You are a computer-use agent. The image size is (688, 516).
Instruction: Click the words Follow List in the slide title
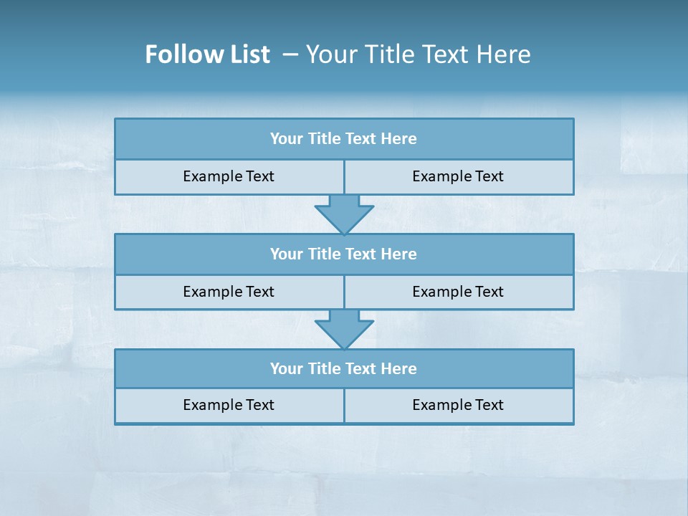click(x=207, y=54)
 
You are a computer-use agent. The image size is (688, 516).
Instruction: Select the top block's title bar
click(x=344, y=139)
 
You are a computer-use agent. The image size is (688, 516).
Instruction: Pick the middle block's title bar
click(x=344, y=254)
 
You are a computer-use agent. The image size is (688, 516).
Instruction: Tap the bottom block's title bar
click(x=344, y=369)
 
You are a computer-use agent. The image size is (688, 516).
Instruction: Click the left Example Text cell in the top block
click(x=229, y=177)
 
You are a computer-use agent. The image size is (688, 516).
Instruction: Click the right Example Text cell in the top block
click(x=458, y=177)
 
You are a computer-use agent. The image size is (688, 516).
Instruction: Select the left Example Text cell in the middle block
click(x=229, y=292)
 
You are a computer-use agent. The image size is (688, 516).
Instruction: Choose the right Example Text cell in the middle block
click(x=458, y=292)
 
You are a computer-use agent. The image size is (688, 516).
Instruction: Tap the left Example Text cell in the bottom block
click(x=229, y=406)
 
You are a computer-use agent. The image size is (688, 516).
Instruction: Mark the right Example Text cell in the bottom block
click(x=458, y=406)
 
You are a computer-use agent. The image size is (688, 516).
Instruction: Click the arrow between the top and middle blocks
click(x=344, y=213)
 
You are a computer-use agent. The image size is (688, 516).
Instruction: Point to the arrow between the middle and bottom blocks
click(x=344, y=328)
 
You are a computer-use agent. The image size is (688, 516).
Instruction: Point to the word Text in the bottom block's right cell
click(x=489, y=406)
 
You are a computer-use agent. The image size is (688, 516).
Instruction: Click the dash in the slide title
click(x=290, y=54)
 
